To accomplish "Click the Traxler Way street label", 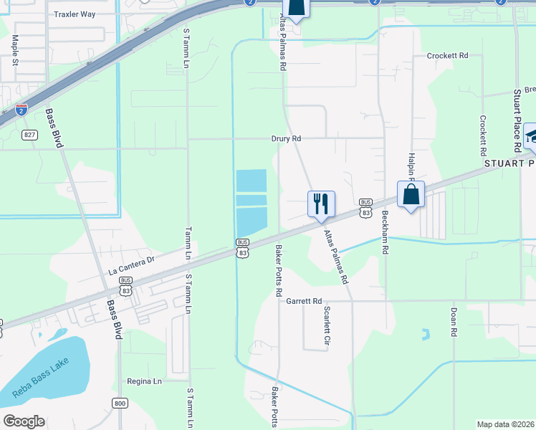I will [75, 14].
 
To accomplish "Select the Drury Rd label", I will [286, 138].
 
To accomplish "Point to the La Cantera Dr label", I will [131, 266].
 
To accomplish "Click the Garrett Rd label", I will [305, 301].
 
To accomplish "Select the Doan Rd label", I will [454, 322].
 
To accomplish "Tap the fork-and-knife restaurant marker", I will [322, 203].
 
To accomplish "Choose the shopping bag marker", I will [411, 193].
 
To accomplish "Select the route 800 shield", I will [120, 403].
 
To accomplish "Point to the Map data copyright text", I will [506, 424].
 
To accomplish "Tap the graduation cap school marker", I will [532, 135].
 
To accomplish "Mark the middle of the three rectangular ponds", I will [251, 200].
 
